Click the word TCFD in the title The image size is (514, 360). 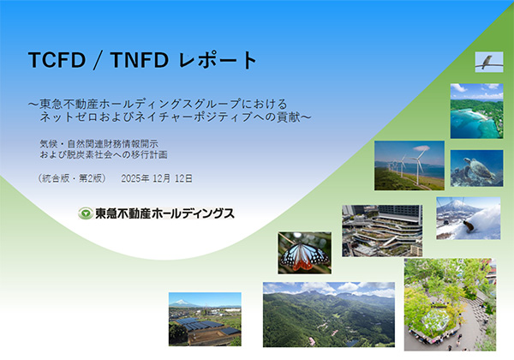coord(57,61)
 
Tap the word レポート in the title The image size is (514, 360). coord(219,61)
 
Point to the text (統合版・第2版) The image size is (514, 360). coord(72,178)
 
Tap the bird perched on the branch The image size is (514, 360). coord(487,62)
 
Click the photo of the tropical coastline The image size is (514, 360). coord(475,110)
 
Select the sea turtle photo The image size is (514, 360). coord(476,168)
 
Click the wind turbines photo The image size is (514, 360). coord(409,165)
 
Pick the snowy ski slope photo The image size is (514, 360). coord(468,218)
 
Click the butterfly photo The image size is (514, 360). coord(304,252)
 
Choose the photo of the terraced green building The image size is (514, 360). coord(381,230)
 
